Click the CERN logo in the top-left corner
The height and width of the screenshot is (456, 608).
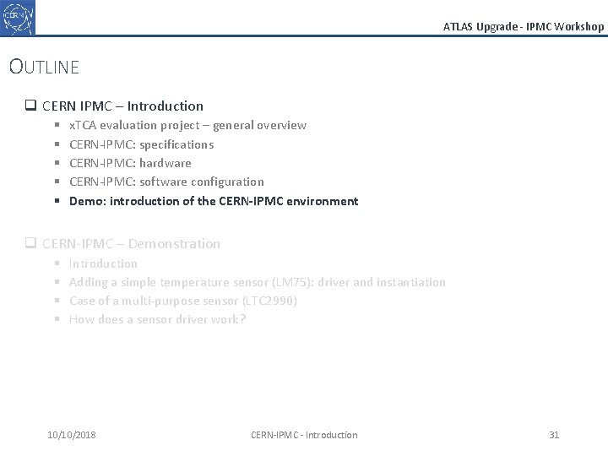tap(19, 17)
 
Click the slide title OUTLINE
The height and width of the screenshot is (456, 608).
tap(44, 66)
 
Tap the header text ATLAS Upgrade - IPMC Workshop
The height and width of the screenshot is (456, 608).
tap(524, 26)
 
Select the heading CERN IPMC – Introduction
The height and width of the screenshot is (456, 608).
tap(122, 106)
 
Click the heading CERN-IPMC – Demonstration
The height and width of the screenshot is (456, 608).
tap(131, 244)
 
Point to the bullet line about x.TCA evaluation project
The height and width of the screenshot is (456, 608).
tap(187, 125)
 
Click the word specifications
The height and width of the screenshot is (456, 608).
tap(176, 144)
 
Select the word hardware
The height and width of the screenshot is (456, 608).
tap(166, 163)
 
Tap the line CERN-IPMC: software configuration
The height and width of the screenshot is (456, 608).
tap(166, 182)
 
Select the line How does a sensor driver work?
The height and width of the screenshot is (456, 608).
tap(157, 319)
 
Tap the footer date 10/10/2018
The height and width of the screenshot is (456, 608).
tap(72, 435)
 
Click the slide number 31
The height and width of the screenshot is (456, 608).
tap(554, 435)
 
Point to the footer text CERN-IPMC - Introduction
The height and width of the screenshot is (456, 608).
tap(304, 435)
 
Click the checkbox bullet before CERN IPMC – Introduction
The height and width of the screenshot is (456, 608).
tap(30, 106)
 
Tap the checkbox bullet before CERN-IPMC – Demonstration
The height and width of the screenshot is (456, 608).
tap(30, 244)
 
